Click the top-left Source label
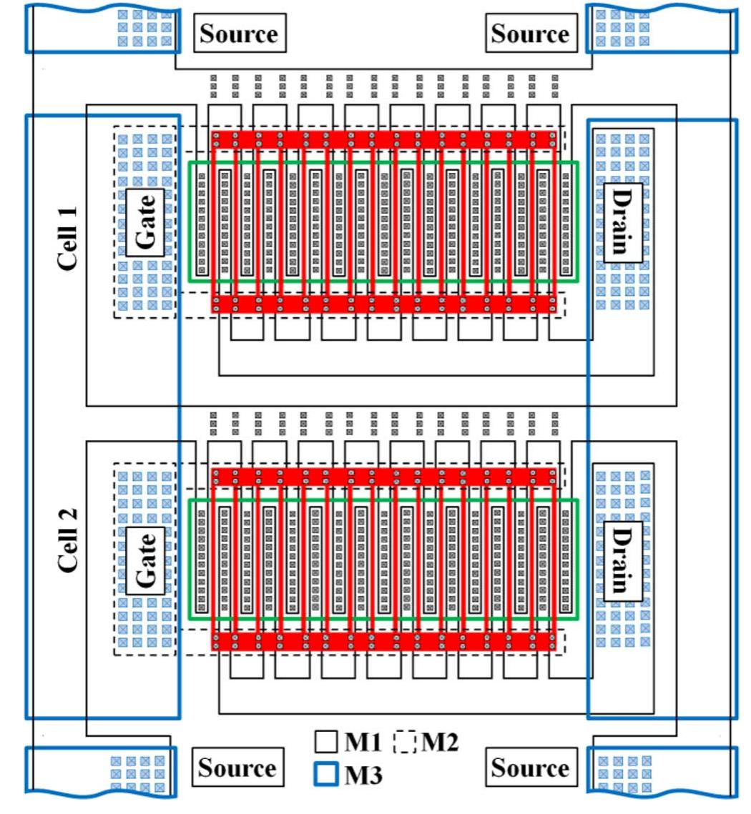(239, 33)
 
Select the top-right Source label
(531, 33)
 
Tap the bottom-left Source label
(237, 768)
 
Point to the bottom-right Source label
(531, 768)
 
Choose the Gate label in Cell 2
(146, 560)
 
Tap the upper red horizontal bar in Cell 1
(384, 139)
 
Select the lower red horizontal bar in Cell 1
(384, 304)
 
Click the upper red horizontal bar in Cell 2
(384, 477)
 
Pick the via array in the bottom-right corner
(624, 774)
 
